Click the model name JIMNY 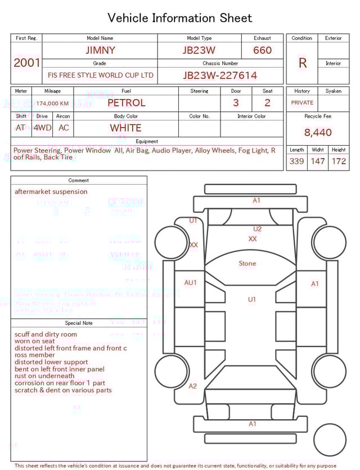[x=100, y=50]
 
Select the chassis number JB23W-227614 [x=220, y=75]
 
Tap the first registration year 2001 [x=26, y=62]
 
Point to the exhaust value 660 [x=262, y=50]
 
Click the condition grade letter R [x=302, y=63]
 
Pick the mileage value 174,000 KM [x=52, y=104]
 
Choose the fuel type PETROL [x=126, y=103]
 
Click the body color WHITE [x=125, y=128]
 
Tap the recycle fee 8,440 [x=318, y=133]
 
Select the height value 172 [x=339, y=162]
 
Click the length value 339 [x=296, y=162]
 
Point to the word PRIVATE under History [x=302, y=103]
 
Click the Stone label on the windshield [x=247, y=263]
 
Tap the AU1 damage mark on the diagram [x=191, y=283]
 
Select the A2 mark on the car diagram [x=193, y=386]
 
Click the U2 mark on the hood [x=257, y=229]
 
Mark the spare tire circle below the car [x=330, y=440]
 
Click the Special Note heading [x=79, y=323]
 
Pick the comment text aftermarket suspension [x=51, y=192]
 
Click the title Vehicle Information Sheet [x=180, y=18]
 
